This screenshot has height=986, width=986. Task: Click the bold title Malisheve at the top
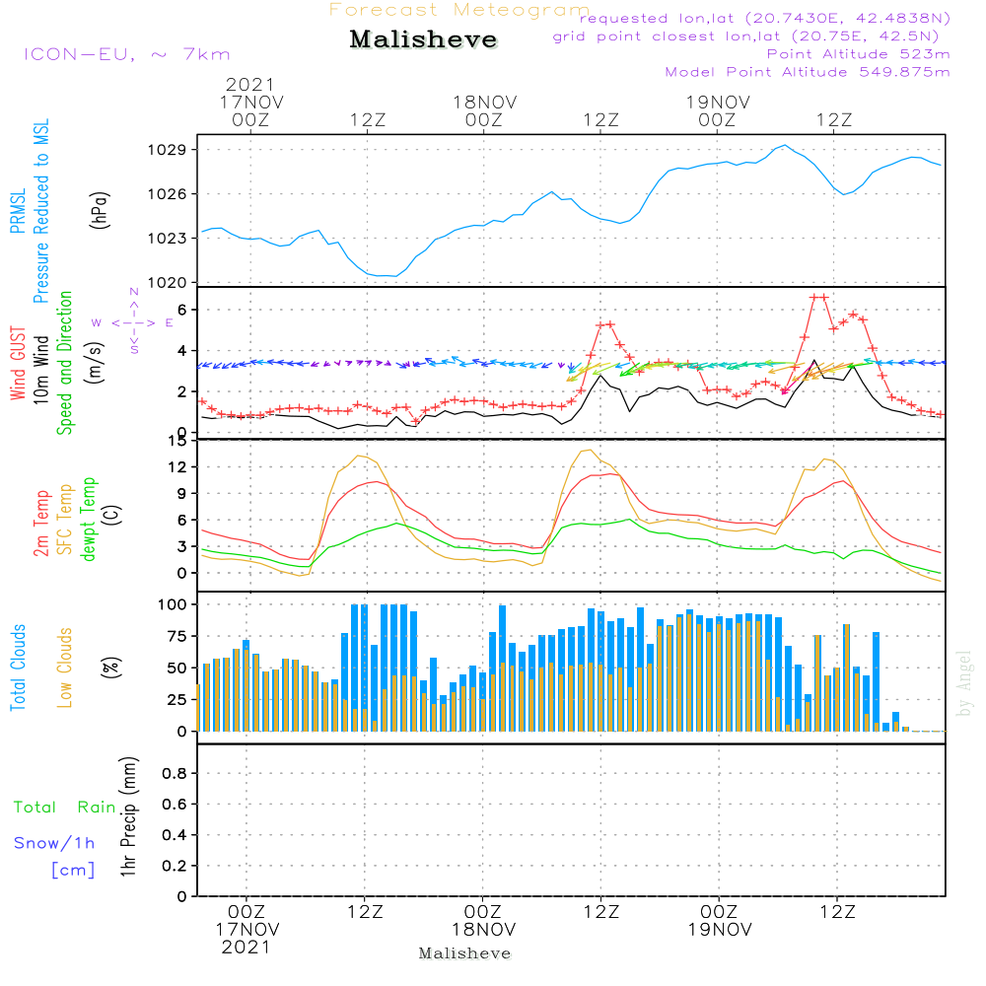(x=423, y=39)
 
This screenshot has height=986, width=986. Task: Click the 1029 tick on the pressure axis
(x=168, y=150)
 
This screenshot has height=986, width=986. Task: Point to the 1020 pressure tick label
(x=168, y=283)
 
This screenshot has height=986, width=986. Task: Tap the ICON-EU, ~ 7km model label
(x=127, y=54)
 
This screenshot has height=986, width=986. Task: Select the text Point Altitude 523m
(x=858, y=54)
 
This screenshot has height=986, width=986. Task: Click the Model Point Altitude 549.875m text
(x=808, y=72)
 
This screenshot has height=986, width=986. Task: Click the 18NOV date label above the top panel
(x=485, y=103)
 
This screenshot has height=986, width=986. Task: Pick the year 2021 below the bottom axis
(x=246, y=947)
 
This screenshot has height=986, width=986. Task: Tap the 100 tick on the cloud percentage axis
(x=172, y=604)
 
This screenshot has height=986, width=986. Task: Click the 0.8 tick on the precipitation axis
(x=175, y=773)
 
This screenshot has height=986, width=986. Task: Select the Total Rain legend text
(x=65, y=807)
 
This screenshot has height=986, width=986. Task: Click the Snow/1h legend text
(x=54, y=843)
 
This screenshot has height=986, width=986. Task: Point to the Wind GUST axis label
(x=18, y=363)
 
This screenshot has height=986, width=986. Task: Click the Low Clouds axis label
(x=65, y=668)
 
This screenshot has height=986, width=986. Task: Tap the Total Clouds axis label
(x=18, y=668)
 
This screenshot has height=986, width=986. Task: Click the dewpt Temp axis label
(x=89, y=519)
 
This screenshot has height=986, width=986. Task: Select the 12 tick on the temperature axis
(x=177, y=466)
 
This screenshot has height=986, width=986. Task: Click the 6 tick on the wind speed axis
(x=182, y=310)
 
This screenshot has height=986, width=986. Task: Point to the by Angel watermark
(x=964, y=683)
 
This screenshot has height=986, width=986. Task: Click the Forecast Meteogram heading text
(x=459, y=10)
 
